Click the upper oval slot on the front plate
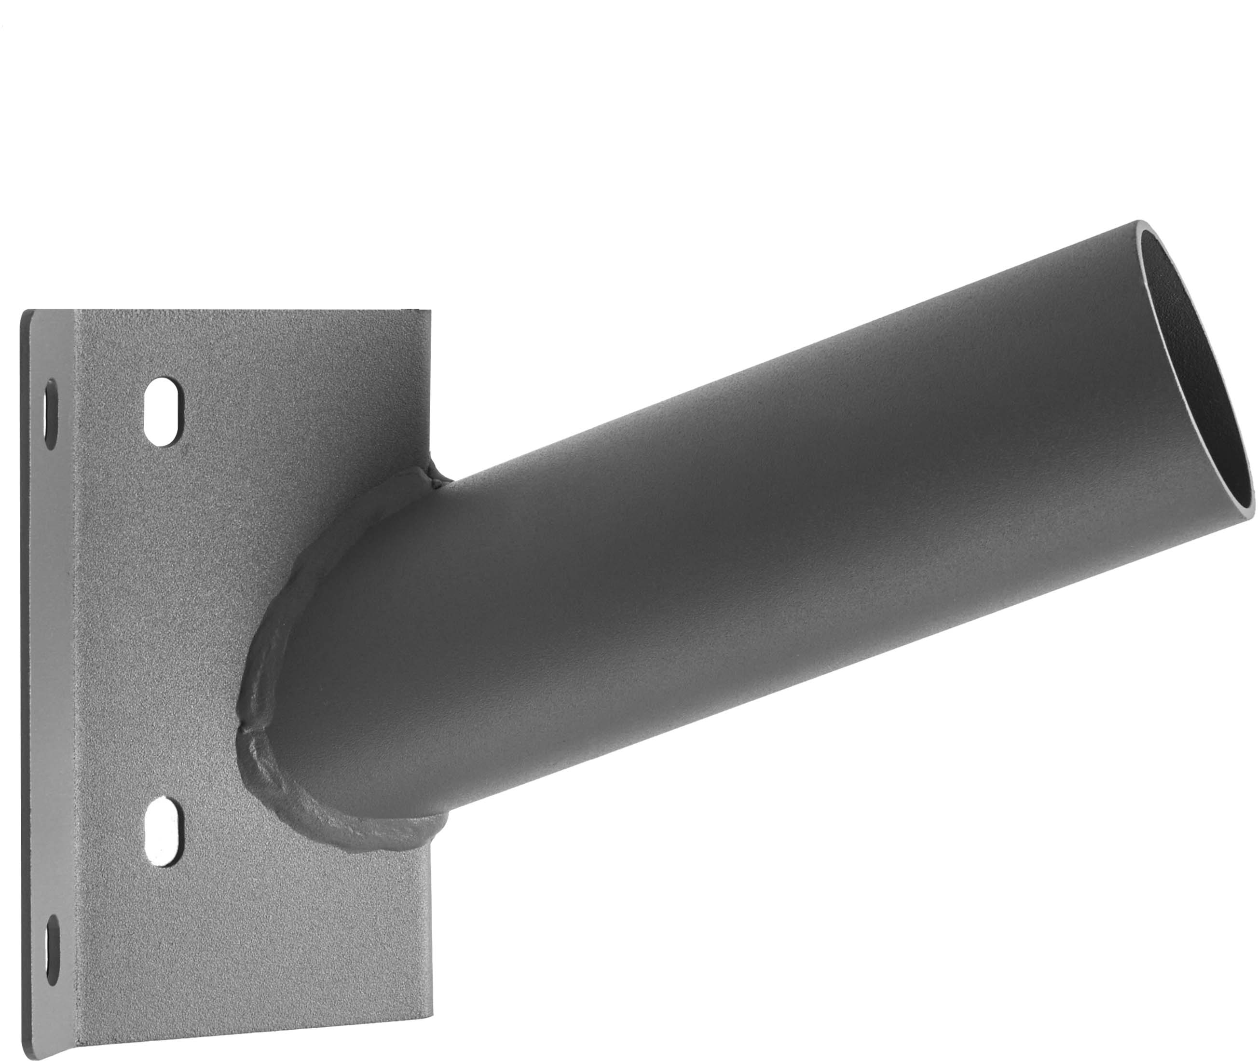163,412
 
